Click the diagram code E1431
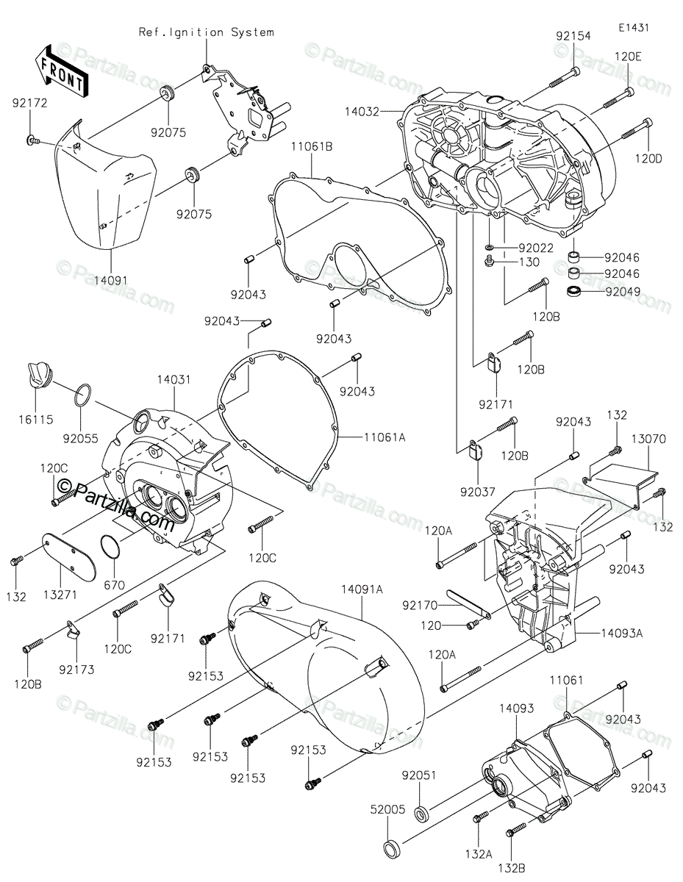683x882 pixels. point(633,27)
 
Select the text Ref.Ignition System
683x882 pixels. point(206,32)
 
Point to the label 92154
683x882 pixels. point(573,35)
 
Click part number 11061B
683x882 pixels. point(313,147)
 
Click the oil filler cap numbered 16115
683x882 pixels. point(37,373)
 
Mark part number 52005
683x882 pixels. point(387,809)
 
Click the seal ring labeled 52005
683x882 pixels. point(392,847)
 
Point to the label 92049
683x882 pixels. point(622,291)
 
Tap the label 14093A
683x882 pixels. point(622,632)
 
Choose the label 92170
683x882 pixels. point(421,606)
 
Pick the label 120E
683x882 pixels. point(628,57)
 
